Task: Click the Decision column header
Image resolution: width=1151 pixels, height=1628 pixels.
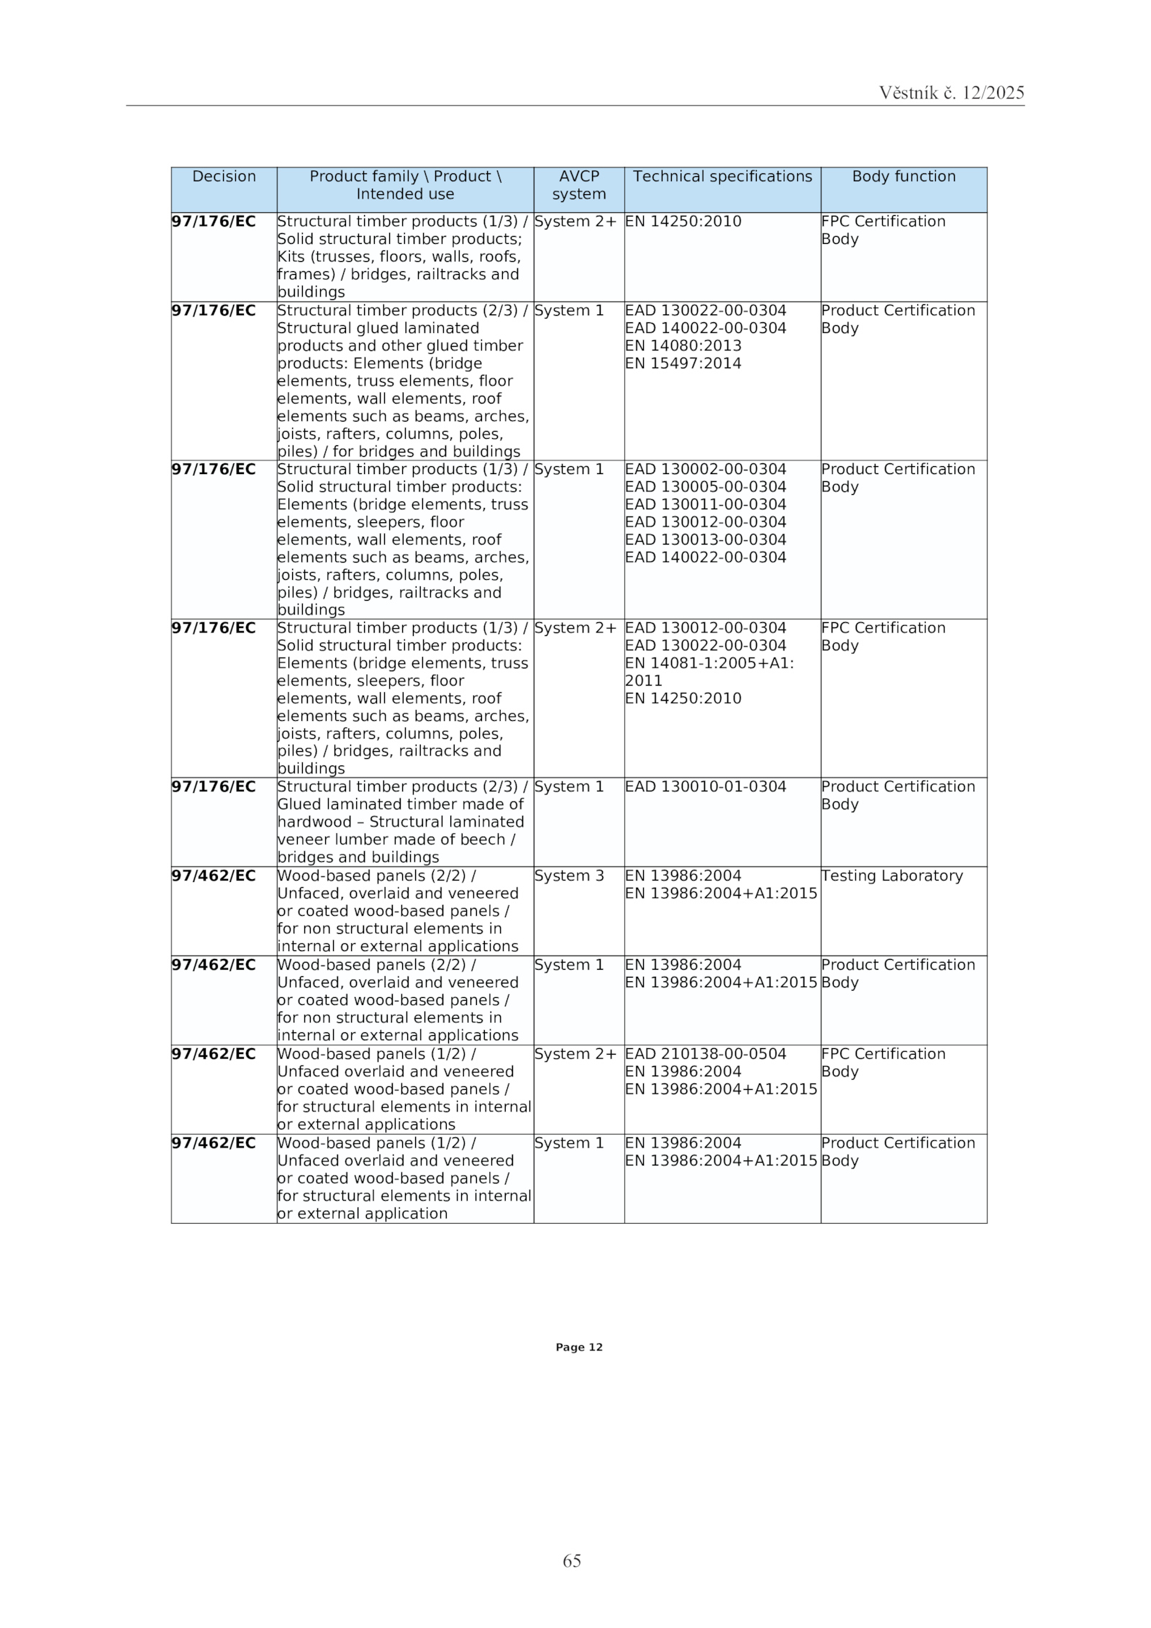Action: (224, 176)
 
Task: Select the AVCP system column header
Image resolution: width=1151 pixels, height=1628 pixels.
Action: (578, 185)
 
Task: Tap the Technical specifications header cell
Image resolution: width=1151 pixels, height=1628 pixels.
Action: (722, 176)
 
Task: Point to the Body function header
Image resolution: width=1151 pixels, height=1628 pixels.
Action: (903, 176)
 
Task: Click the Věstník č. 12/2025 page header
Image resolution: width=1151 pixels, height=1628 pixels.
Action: (951, 93)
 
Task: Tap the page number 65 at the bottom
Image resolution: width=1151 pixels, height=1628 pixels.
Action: (572, 1560)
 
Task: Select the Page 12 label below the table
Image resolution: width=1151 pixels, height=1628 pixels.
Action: (578, 1347)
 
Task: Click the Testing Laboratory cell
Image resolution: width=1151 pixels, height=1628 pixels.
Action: (891, 876)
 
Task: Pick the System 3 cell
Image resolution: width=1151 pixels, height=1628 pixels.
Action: (568, 876)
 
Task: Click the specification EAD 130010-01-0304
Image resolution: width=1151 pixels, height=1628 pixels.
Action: (705, 786)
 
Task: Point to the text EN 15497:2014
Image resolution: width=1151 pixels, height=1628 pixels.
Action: (683, 363)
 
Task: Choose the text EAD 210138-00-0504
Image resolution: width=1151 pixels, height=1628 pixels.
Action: (705, 1054)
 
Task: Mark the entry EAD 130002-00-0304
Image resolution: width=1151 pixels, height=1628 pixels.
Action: (705, 469)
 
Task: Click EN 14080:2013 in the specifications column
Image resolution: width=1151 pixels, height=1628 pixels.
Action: (683, 345)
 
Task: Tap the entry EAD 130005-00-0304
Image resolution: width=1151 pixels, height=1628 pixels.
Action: (705, 487)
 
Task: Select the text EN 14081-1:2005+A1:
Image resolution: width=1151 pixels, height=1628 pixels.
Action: (709, 663)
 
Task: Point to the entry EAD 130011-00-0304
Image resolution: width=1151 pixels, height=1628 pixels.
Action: (705, 504)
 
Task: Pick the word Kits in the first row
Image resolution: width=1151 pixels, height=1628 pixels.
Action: (291, 257)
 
